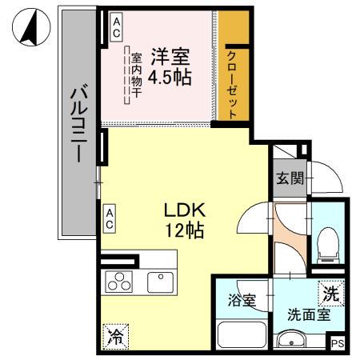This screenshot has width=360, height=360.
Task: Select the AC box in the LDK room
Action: [x=110, y=218]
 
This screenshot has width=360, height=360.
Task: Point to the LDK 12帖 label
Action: [x=186, y=222]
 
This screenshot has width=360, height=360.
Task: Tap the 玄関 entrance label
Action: [x=290, y=178]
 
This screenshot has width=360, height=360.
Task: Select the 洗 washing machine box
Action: [x=330, y=294]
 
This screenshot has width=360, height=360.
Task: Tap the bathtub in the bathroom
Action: [x=241, y=334]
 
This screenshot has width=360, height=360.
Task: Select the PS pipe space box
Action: [x=339, y=344]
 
